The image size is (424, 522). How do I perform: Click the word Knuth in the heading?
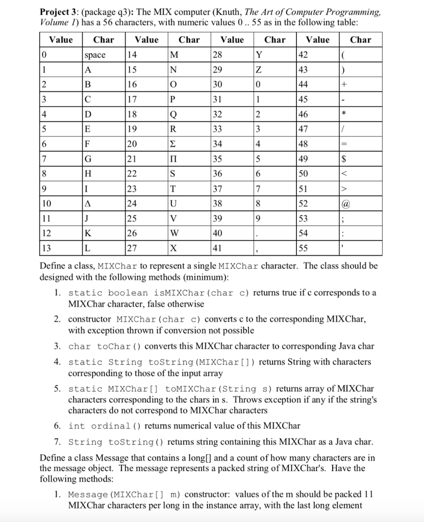click(x=244, y=12)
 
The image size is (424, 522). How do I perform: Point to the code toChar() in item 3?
click(x=106, y=347)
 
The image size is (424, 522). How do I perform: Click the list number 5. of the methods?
click(x=57, y=389)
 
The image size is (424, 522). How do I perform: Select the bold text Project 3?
click(x=57, y=12)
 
